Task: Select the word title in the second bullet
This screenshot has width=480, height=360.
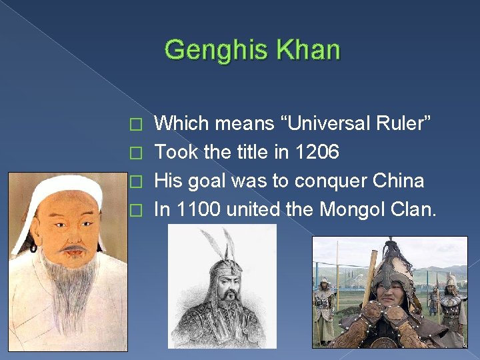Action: click(242, 152)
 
